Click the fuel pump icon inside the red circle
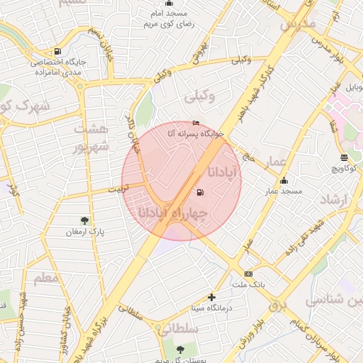point(199,191)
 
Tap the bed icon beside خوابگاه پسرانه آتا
point(196,123)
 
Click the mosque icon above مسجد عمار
point(284,180)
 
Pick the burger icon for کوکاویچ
point(344,157)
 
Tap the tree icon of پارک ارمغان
point(86,220)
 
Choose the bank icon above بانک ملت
point(248,274)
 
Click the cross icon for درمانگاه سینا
point(211,297)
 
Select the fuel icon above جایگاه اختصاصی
point(57,51)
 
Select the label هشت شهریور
point(92,138)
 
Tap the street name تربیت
point(119,189)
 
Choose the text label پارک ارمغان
point(81,232)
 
